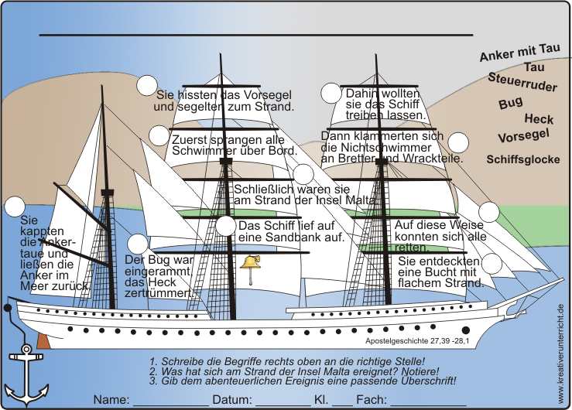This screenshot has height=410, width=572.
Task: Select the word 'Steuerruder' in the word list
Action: click(522, 82)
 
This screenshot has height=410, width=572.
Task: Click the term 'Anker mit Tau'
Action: click(519, 52)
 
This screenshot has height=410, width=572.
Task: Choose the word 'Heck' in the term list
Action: click(539, 119)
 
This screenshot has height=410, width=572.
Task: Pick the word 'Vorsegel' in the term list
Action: click(523, 137)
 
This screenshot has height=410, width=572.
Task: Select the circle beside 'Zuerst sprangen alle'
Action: click(160, 138)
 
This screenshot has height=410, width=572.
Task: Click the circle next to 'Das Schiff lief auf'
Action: click(226, 226)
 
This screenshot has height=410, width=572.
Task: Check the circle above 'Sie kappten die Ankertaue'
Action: click(14, 207)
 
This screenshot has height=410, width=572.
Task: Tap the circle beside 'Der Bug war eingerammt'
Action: click(137, 244)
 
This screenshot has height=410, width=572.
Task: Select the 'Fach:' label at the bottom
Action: click(372, 400)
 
